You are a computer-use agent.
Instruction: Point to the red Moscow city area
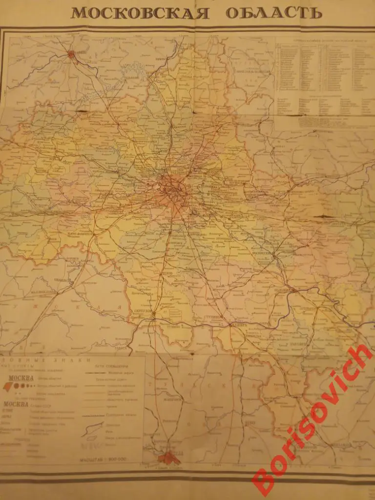pyautogui.click(x=174, y=188)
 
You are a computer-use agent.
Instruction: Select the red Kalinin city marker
pyautogui.click(x=73, y=55)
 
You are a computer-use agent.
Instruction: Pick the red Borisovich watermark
pyautogui.click(x=312, y=420)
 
